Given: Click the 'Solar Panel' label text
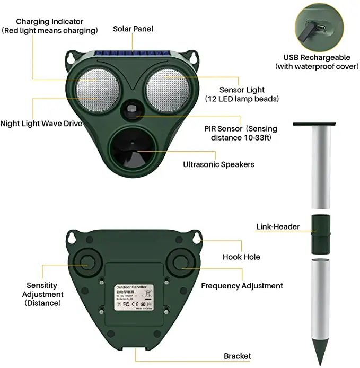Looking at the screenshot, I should pos(133,28).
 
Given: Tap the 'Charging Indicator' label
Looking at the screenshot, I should pos(50,26).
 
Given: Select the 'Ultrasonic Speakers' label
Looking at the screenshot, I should pos(218,164).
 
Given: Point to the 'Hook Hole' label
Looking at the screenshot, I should pos(241,257).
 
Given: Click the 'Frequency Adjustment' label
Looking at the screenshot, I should pos(242,286).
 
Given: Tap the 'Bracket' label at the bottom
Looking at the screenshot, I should pos(237,356).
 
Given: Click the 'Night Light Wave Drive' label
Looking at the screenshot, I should pos(41,124).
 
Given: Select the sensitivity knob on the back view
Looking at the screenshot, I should pos(85,260).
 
